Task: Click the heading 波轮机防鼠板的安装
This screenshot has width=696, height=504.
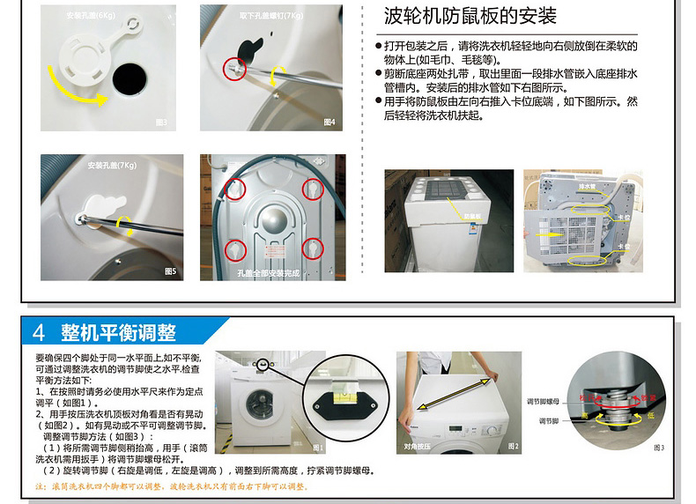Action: pos(471,17)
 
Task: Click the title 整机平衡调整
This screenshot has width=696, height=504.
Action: pos(118,332)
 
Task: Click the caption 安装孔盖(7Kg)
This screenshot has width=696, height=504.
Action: pos(112,166)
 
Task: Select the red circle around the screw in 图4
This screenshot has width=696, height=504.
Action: pos(233,67)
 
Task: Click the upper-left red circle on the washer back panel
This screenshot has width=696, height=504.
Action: pos(233,187)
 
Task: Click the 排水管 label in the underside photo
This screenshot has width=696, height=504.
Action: pos(587,187)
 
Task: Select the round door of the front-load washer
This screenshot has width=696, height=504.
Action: pos(258,407)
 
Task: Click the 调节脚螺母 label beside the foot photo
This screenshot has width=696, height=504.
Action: pos(544,399)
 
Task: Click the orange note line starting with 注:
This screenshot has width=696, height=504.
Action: pos(172,486)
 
